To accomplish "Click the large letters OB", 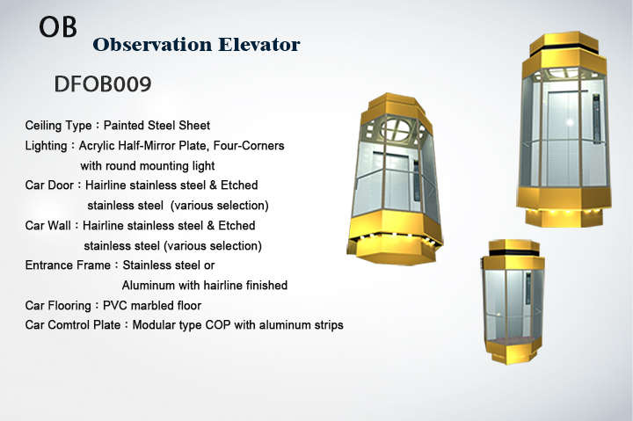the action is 58,27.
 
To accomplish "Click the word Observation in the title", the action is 152,45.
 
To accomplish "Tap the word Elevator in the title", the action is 259,45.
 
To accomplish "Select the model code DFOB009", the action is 103,84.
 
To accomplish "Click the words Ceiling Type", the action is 59,126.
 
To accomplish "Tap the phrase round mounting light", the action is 160,166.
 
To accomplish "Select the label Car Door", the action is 49,185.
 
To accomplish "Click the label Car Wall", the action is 48,225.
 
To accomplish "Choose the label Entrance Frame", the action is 68,265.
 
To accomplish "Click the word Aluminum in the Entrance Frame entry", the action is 149,286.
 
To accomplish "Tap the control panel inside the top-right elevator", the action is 596,118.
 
